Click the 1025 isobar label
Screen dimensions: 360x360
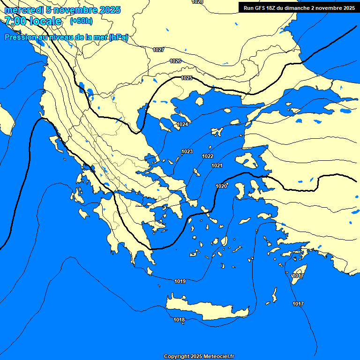187,78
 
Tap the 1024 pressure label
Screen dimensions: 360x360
182,124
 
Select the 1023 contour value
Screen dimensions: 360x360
187,151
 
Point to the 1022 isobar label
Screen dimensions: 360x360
208,156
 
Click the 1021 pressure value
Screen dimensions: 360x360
217,166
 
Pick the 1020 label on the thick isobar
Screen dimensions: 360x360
221,186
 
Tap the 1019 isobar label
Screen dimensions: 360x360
180,281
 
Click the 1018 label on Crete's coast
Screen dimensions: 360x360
179,320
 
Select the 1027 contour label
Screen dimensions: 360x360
158,50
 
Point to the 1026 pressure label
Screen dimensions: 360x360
175,61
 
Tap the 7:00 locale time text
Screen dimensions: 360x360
33,21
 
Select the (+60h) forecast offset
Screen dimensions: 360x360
81,21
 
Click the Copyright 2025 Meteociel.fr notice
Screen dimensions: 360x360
199,356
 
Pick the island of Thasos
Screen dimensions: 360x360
199,101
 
